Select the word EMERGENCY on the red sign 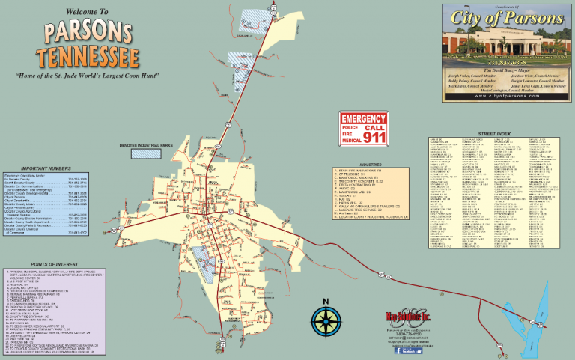pos(364,119)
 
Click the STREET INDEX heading pos(493,133)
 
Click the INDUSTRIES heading pos(371,163)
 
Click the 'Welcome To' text pos(88,13)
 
